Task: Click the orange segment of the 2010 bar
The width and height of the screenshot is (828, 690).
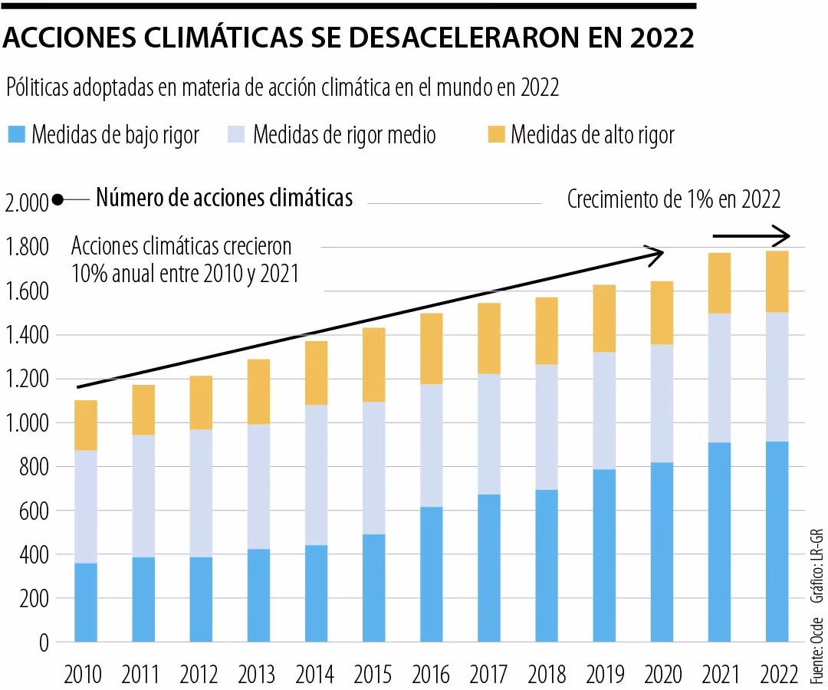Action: (85, 425)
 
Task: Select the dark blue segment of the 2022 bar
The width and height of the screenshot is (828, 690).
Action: (777, 541)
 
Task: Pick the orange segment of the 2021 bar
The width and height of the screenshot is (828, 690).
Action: (719, 282)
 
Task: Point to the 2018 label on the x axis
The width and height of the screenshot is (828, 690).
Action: (547, 675)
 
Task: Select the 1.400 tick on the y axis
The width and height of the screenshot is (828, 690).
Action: (26, 335)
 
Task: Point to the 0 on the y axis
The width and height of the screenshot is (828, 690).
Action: (44, 642)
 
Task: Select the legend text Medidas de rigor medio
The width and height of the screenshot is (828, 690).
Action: (344, 136)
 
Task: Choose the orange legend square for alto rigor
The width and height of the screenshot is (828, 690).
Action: (496, 136)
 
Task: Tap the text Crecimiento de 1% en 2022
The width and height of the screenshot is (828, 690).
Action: (674, 200)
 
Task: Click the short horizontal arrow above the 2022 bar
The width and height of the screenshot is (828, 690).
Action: (751, 235)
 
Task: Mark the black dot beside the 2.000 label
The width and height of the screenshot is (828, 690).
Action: (58, 202)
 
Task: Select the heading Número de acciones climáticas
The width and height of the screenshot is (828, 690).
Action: (224, 198)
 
